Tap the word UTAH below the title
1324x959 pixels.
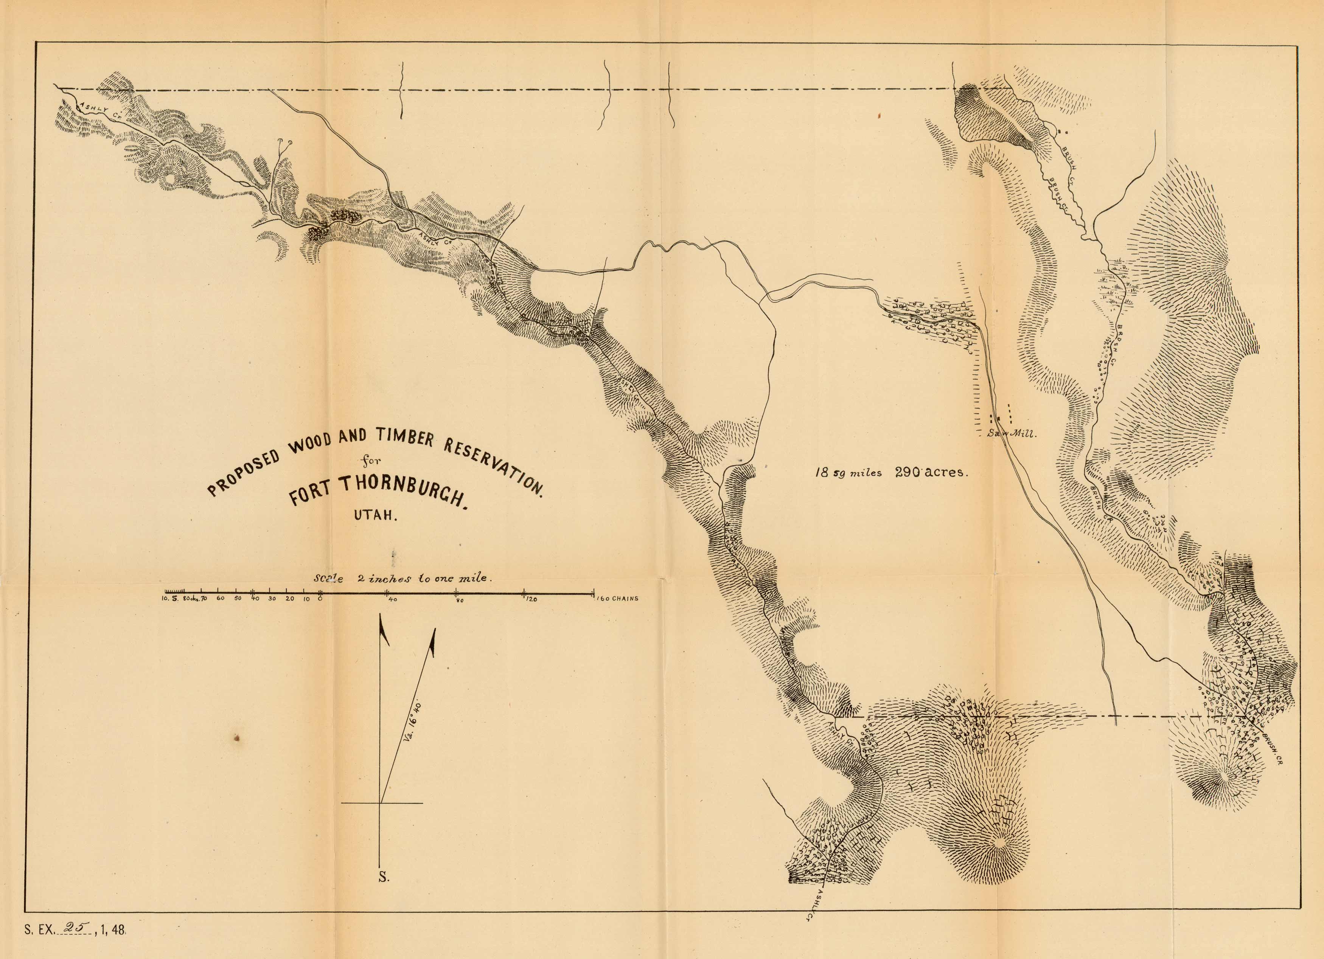375,516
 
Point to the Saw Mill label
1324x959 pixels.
1011,434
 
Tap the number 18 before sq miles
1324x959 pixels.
821,473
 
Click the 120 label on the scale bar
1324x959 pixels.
531,599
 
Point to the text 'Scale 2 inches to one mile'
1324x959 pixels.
403,579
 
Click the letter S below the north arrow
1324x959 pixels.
384,893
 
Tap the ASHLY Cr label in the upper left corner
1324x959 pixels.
97,109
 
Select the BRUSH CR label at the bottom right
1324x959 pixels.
1271,748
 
